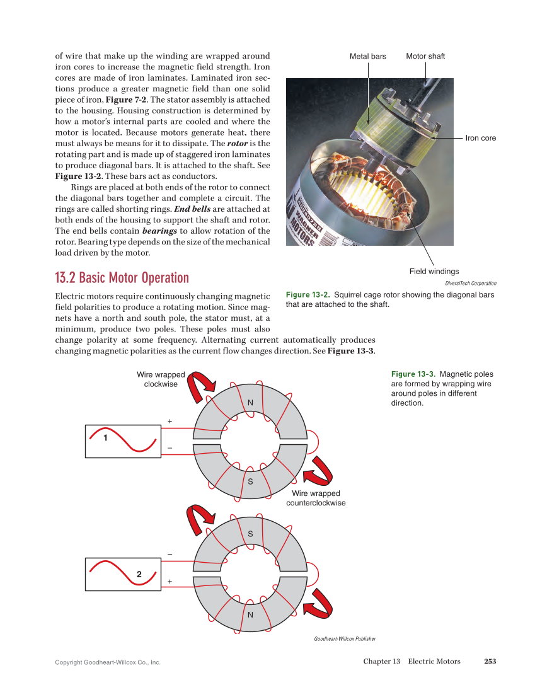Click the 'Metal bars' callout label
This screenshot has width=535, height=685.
(368, 57)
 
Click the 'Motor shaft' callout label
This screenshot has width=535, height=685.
(425, 57)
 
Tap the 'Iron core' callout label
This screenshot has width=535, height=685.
(480, 138)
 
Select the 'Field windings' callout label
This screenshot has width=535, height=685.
(434, 272)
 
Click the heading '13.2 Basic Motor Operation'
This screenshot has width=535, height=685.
(122, 278)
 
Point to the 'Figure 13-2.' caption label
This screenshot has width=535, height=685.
(308, 295)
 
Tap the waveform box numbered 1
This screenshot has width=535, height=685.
(122, 440)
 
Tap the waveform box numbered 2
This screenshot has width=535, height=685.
(122, 573)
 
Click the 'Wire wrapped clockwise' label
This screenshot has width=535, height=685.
(161, 379)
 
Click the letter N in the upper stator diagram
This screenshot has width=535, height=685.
(250, 403)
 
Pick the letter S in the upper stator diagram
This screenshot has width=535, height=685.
(250, 481)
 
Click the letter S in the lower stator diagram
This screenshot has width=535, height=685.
(250, 534)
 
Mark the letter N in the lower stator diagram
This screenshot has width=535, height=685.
(250, 614)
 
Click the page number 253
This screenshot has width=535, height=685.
(490, 661)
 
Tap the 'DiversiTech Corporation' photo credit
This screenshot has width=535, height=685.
(470, 284)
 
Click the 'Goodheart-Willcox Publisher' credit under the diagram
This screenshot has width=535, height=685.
(345, 639)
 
